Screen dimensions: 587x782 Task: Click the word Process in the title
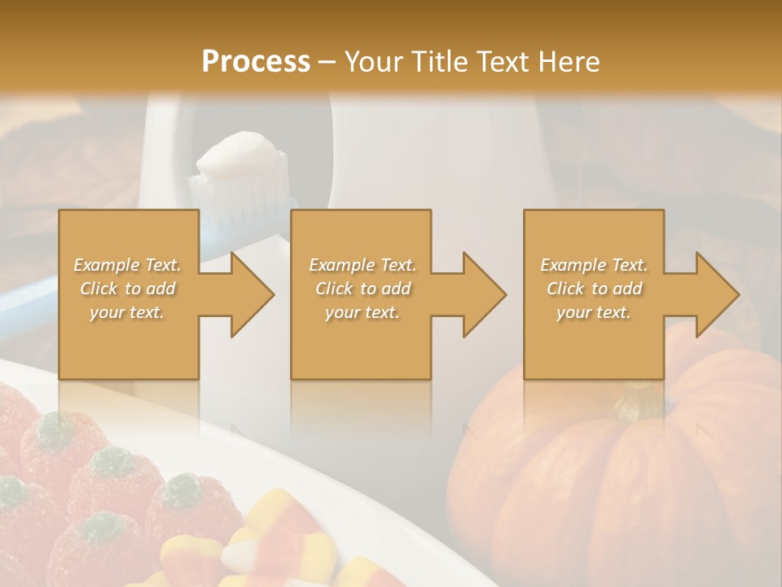tap(256, 61)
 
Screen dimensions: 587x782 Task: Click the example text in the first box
tap(127, 289)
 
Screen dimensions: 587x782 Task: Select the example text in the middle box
tap(362, 289)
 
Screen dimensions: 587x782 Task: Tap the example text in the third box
tap(594, 289)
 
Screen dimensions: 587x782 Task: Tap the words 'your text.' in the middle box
tap(362, 312)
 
